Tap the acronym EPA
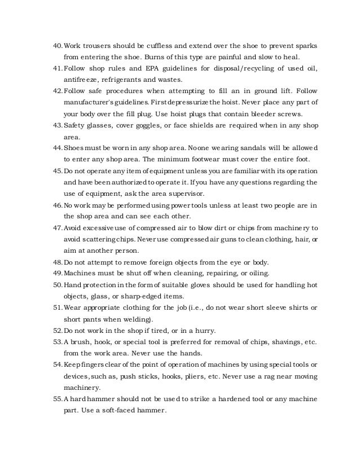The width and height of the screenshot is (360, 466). pyautogui.click(x=141, y=69)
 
